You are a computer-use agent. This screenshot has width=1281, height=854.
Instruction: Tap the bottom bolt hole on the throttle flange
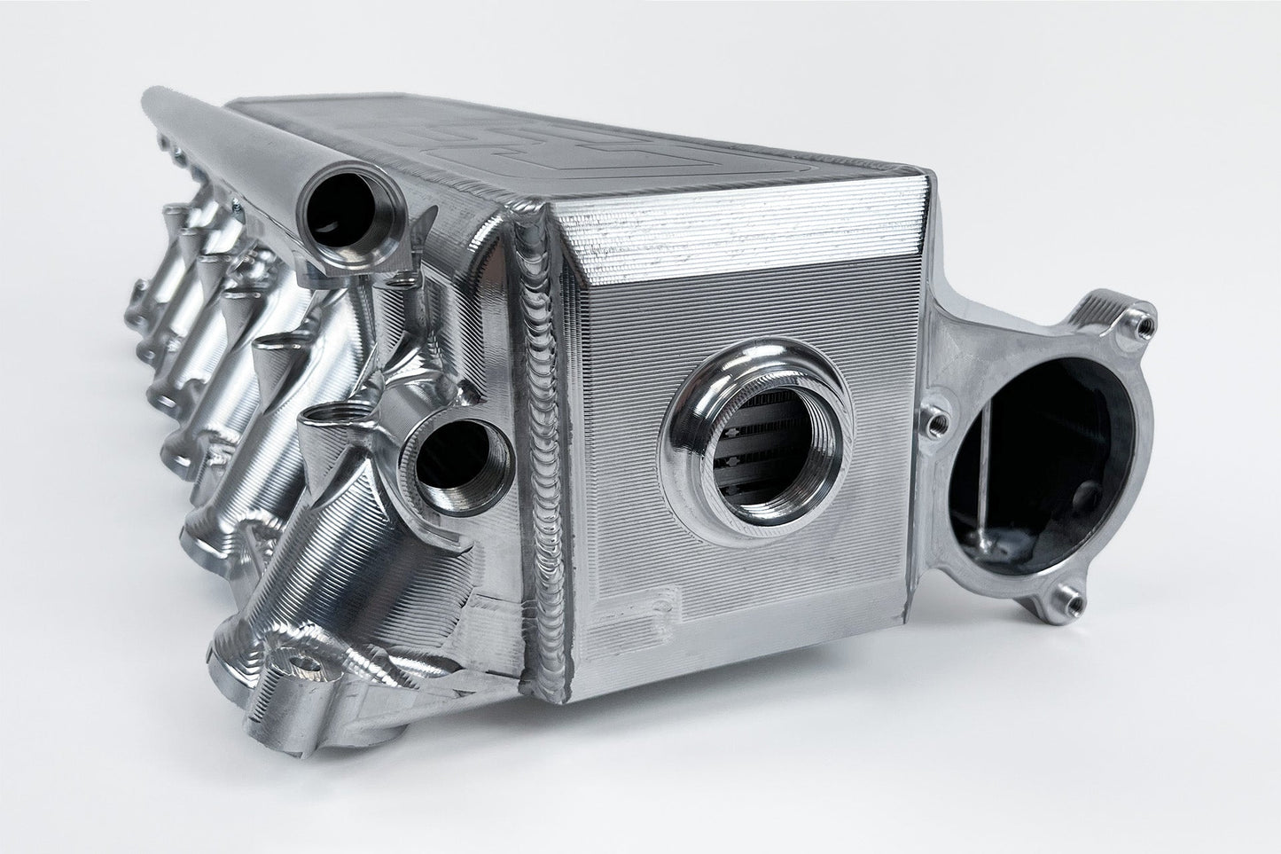pos(1071,604)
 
